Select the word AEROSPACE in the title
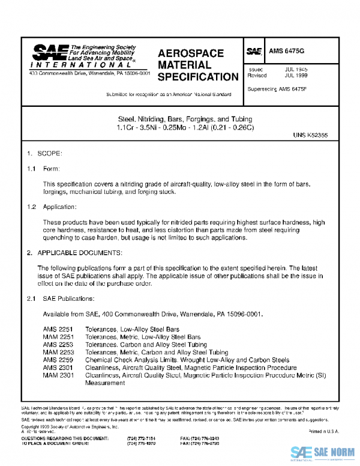pos(191,53)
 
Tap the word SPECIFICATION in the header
pos(197,77)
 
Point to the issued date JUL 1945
pos(296,70)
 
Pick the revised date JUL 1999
pos(296,77)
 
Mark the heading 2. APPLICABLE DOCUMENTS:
pos(75,253)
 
